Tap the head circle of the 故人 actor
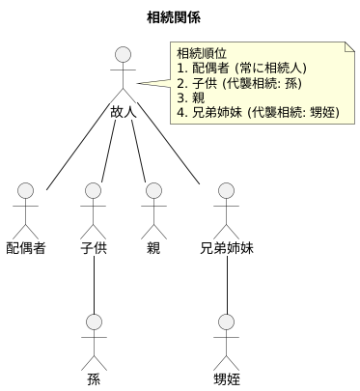tap(123, 54)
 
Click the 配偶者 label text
tap(26, 247)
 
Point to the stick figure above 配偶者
tap(26, 208)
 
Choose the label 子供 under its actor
tap(94, 247)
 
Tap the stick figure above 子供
tap(94, 208)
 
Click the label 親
tap(152, 247)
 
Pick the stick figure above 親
tap(152, 208)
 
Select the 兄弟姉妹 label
tap(226, 247)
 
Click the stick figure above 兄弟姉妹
tap(226, 208)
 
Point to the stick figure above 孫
tap(94, 337)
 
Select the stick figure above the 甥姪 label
tap(226, 337)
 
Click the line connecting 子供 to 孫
tap(94, 284)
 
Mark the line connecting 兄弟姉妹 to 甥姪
tap(226, 284)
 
